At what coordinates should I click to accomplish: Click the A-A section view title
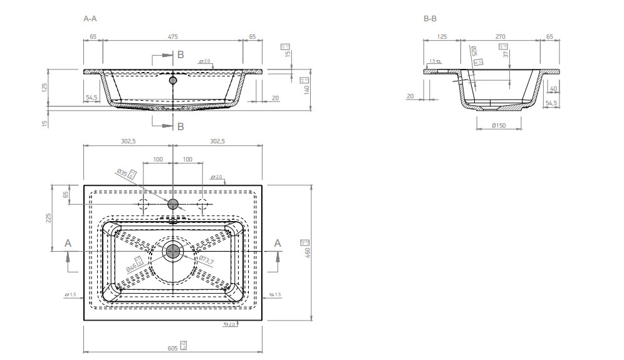(x=90, y=19)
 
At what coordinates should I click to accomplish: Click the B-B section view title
(x=430, y=19)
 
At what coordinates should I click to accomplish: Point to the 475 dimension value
(x=172, y=37)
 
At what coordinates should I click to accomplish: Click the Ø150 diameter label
(x=499, y=125)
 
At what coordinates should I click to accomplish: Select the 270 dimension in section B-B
(x=500, y=37)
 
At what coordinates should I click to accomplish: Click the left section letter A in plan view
(x=68, y=242)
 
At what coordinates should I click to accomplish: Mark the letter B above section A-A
(x=180, y=55)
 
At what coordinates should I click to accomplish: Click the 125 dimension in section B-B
(x=441, y=37)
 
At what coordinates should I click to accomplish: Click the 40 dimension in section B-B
(x=553, y=90)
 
